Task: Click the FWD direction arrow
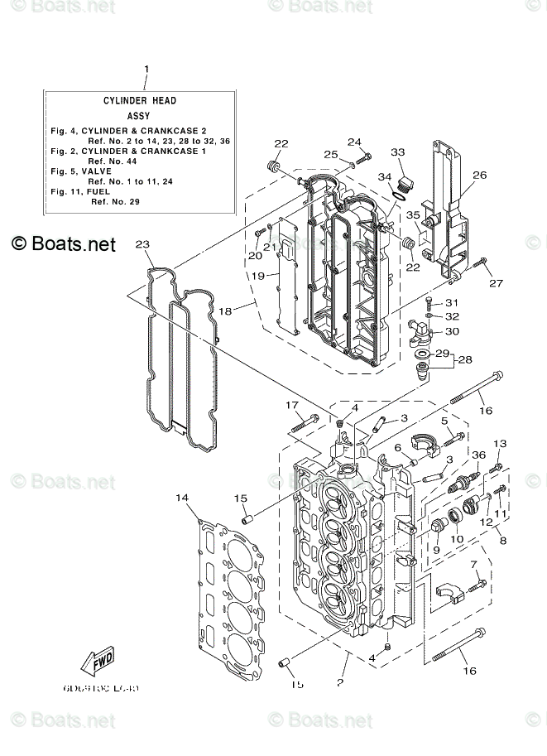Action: [98, 662]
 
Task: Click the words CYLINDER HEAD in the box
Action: [140, 100]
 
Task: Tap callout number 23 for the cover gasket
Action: [142, 244]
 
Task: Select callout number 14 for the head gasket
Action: [182, 498]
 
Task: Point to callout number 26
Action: [480, 175]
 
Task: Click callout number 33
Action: [398, 152]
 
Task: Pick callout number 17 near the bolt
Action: [292, 405]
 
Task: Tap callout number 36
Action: [478, 455]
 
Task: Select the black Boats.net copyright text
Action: [64, 244]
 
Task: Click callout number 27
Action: [496, 284]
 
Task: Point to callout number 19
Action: [257, 276]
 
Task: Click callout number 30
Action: [452, 331]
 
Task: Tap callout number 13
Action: [499, 445]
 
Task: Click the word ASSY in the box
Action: [140, 118]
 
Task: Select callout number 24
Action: [354, 142]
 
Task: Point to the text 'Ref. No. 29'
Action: [117, 201]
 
